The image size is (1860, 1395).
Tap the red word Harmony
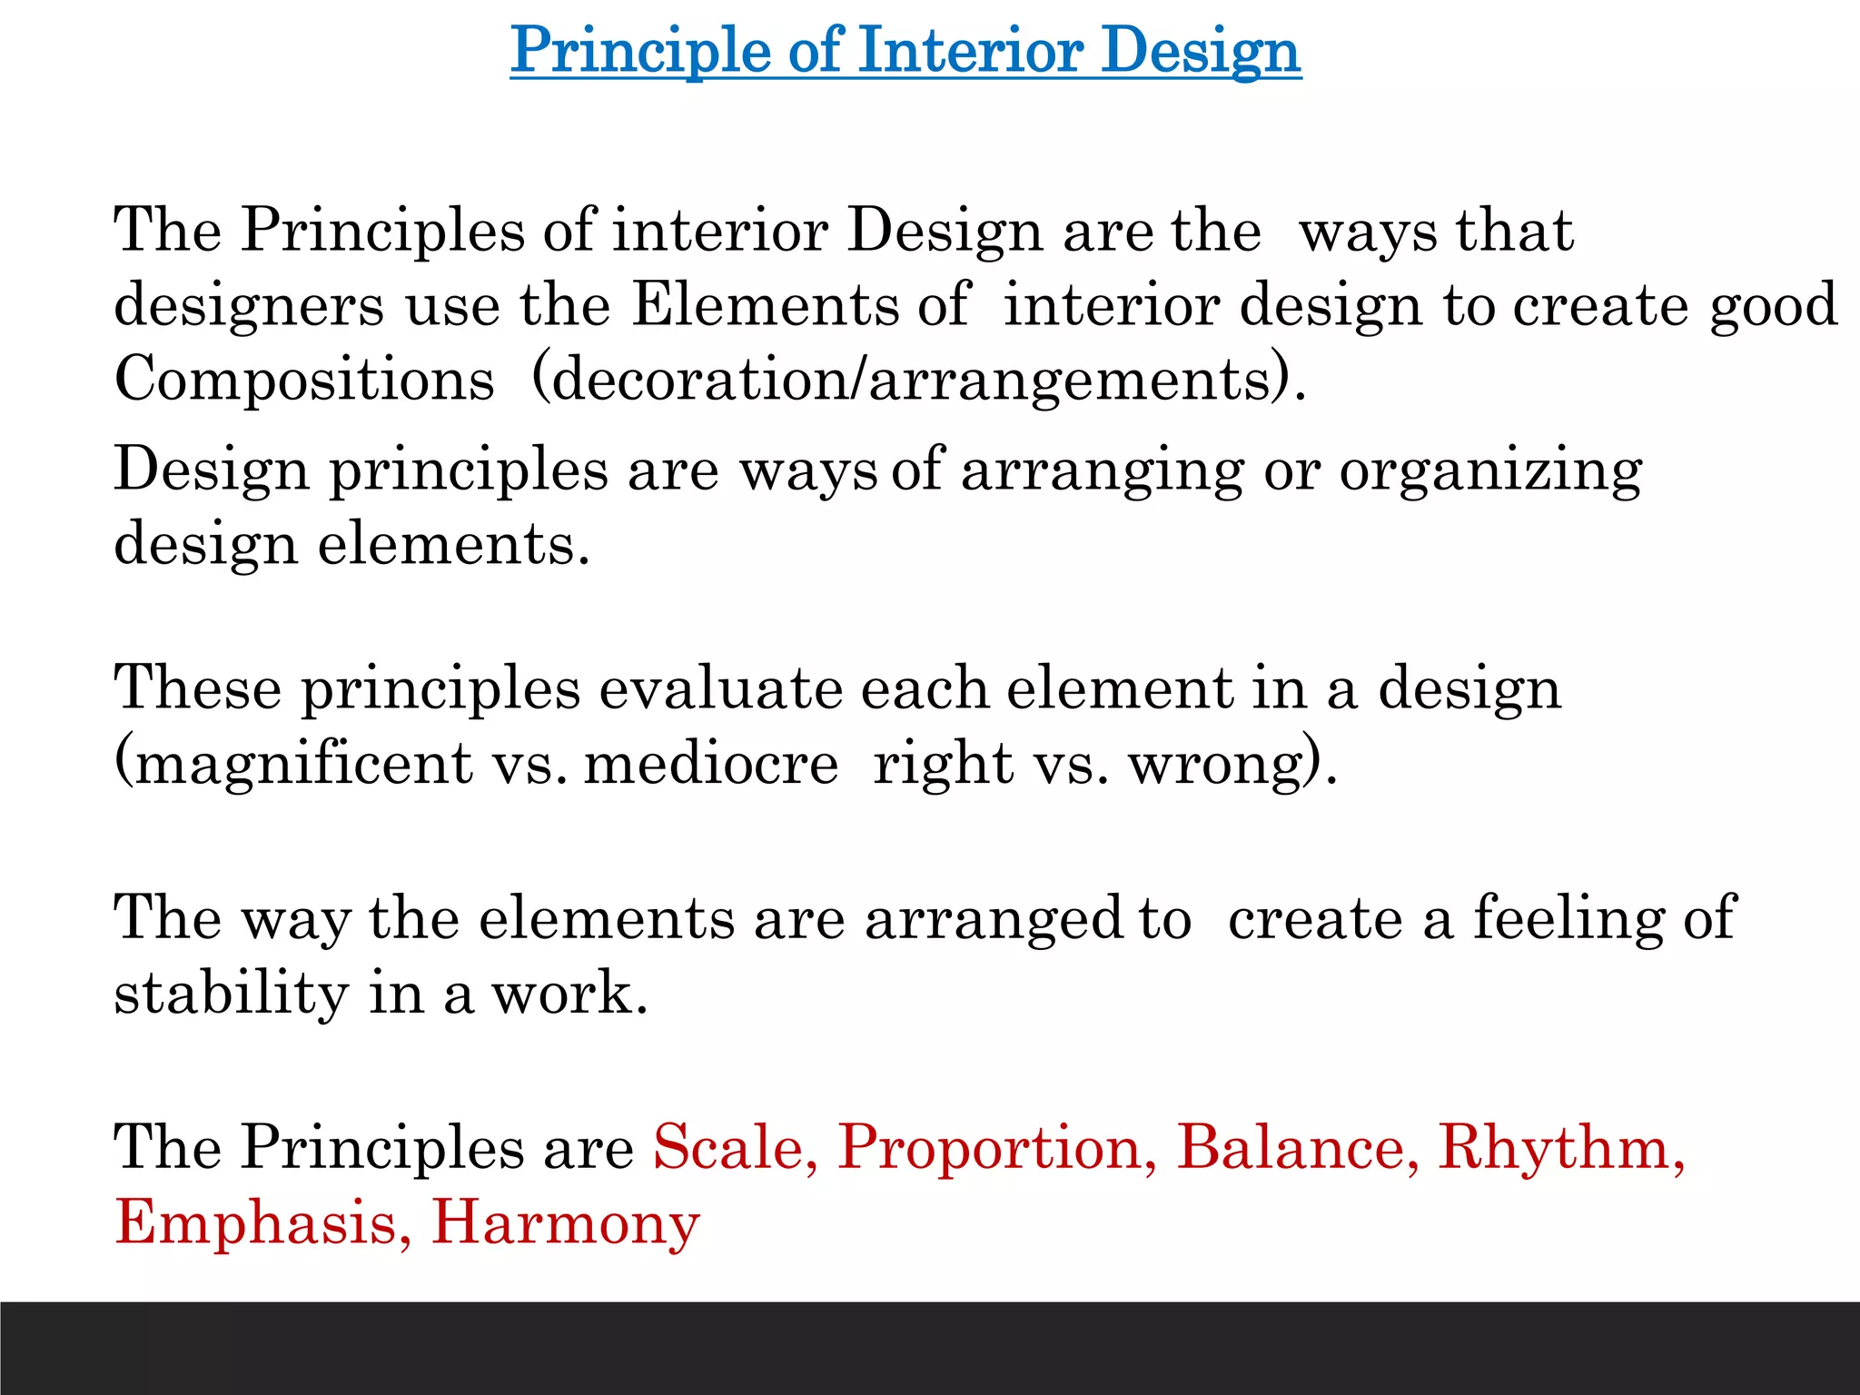pyautogui.click(x=565, y=1222)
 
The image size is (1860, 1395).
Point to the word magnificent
pyautogui.click(x=304, y=764)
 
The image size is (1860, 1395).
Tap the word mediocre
pyautogui.click(x=711, y=764)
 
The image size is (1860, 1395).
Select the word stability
pyautogui.click(x=231, y=994)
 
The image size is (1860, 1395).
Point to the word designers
pyautogui.click(x=249, y=305)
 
